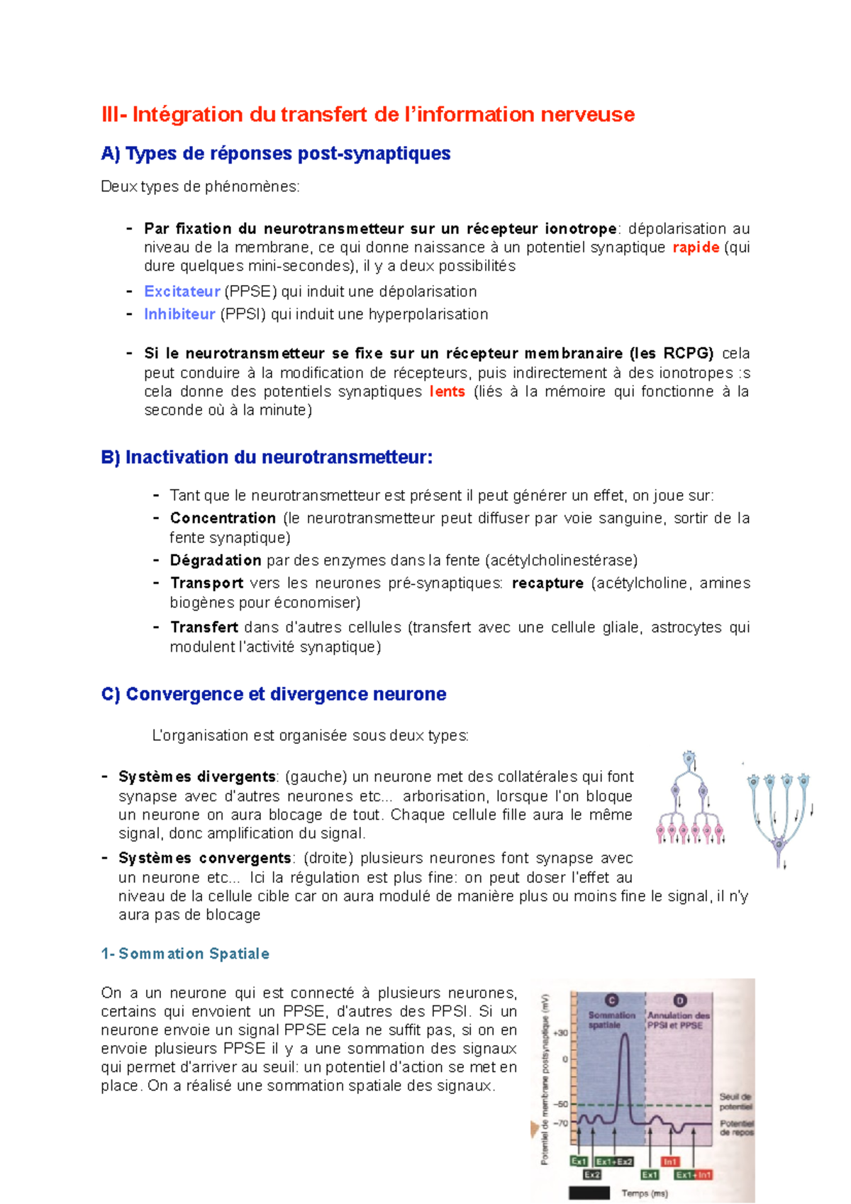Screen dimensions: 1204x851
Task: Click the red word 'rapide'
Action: coord(696,247)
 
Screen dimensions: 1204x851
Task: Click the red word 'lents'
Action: coord(447,391)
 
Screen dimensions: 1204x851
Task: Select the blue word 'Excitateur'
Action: coord(182,291)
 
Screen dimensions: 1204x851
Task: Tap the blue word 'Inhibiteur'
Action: coord(179,314)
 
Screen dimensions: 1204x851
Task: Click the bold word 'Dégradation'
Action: coord(216,560)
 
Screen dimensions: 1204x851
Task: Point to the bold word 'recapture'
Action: coord(547,583)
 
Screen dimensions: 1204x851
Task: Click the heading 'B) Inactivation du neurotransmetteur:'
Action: coord(267,457)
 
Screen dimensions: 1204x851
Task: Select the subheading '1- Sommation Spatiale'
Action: coord(185,954)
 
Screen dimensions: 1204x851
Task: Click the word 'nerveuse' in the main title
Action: coord(588,114)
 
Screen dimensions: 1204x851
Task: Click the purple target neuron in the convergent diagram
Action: coord(779,844)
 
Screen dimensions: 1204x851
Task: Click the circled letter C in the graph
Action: coord(611,1000)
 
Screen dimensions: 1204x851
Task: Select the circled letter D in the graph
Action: coord(679,1000)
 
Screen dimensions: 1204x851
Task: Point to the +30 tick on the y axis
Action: coord(560,1032)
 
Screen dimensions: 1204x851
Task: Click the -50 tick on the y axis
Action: coord(560,1104)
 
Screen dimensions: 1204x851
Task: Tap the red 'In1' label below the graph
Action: coord(670,1161)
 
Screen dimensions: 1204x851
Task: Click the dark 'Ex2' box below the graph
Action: coord(592,1175)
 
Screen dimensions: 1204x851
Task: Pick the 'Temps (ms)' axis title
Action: coord(645,1193)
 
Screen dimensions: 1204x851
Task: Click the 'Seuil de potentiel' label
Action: coord(735,1101)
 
